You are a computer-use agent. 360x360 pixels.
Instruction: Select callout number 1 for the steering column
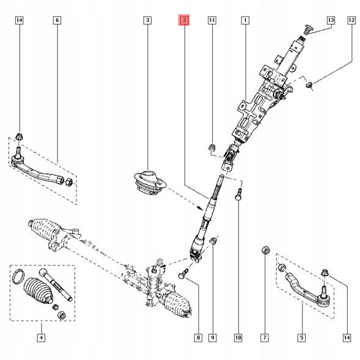pyautogui.click(x=244, y=21)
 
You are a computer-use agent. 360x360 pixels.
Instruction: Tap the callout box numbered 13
pyautogui.click(x=331, y=21)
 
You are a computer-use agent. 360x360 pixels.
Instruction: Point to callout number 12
pyautogui.click(x=351, y=21)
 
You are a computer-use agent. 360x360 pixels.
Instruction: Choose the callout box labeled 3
pyautogui.click(x=147, y=21)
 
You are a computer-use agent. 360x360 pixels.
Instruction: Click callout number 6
pyautogui.click(x=57, y=21)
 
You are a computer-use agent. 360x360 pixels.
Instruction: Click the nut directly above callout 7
pyautogui.click(x=265, y=250)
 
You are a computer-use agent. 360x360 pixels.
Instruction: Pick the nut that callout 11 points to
pyautogui.click(x=212, y=147)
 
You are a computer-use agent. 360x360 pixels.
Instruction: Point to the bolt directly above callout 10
pyautogui.click(x=238, y=194)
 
